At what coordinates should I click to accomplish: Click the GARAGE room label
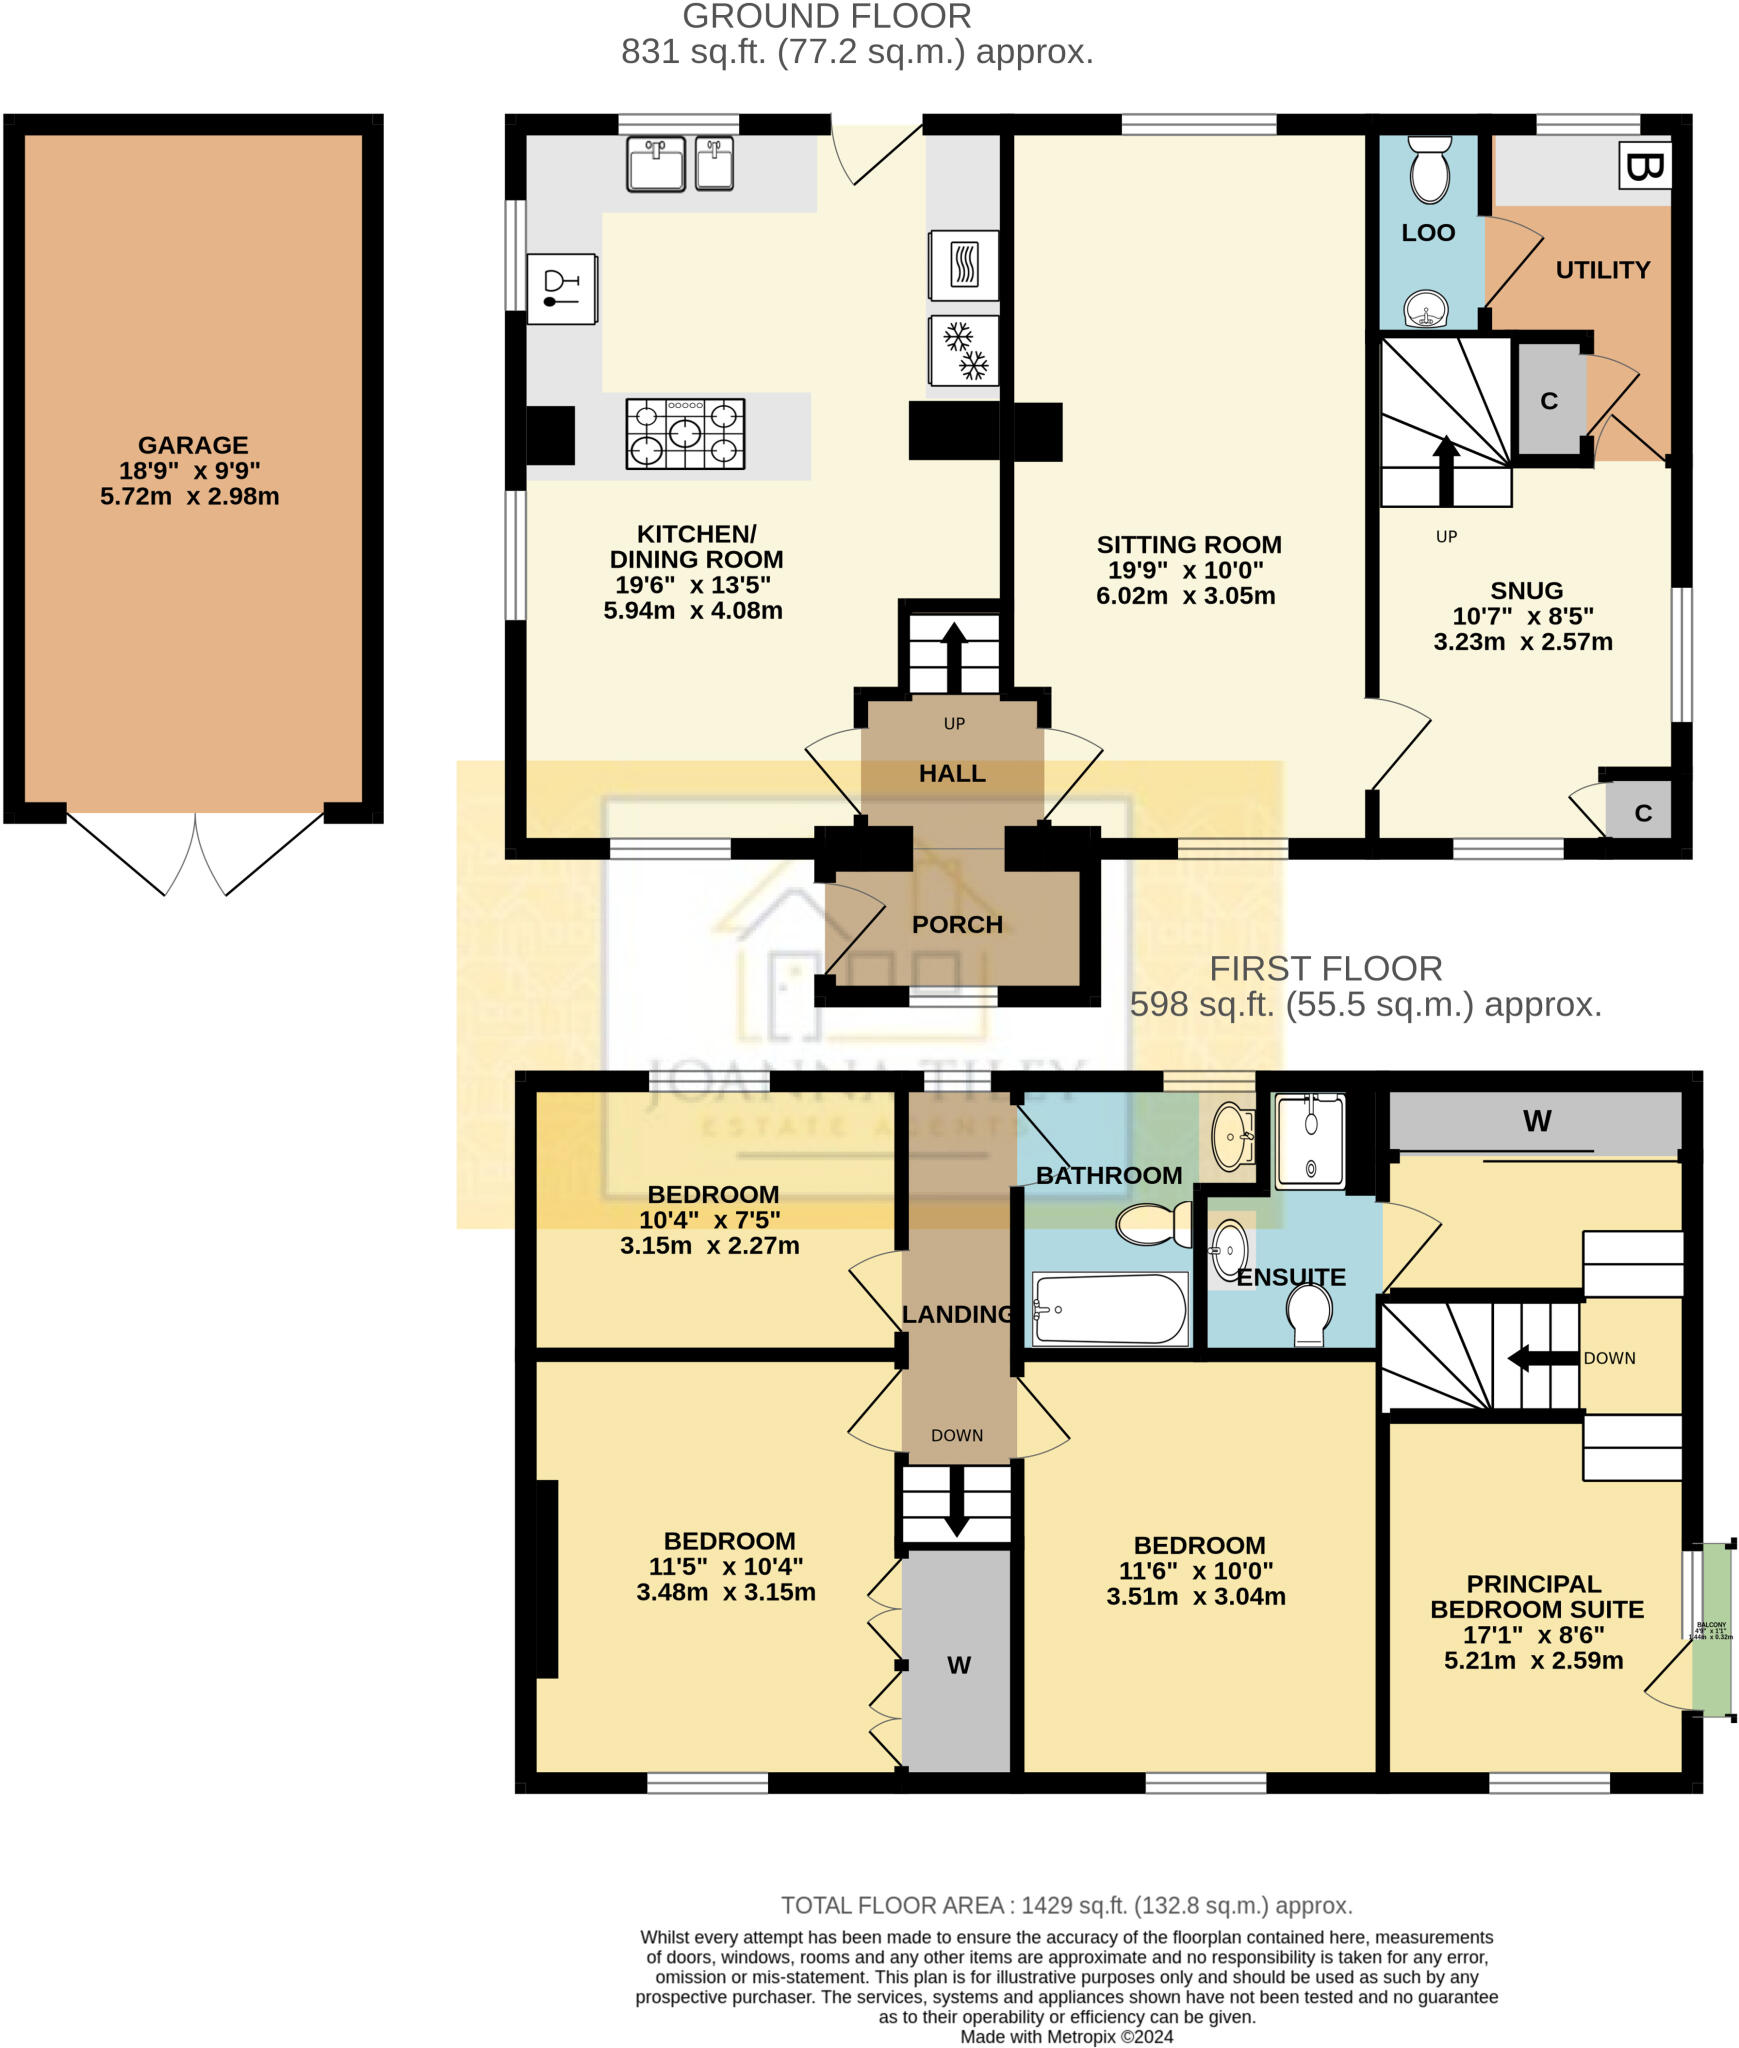[192, 445]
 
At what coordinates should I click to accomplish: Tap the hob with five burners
[685, 434]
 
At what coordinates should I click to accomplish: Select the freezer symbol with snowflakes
[964, 350]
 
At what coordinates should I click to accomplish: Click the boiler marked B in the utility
[1644, 165]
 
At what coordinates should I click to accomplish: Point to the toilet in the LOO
[1430, 170]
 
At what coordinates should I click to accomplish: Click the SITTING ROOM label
[1188, 545]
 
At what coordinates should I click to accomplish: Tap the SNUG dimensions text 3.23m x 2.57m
[1522, 642]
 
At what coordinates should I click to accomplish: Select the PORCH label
[956, 924]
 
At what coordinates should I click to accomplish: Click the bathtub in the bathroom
[1109, 1309]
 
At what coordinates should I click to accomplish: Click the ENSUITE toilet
[1309, 1313]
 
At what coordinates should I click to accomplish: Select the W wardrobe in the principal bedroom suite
[1535, 1122]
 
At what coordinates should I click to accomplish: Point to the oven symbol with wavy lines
[963, 265]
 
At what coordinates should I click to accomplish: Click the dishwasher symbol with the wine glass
[561, 288]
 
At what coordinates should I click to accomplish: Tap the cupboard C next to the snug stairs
[1548, 401]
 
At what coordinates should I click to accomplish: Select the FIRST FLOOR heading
[1325, 968]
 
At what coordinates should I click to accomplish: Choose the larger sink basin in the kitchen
[655, 164]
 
